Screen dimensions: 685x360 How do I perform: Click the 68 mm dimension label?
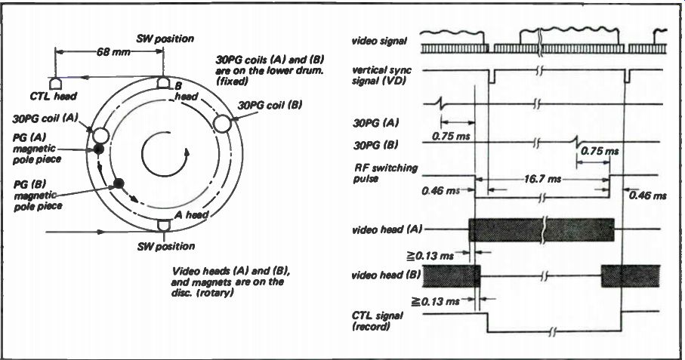point(113,52)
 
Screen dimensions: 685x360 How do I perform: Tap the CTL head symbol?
point(55,83)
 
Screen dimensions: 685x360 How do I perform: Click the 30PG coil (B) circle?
point(222,123)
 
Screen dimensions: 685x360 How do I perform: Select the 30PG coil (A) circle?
point(100,135)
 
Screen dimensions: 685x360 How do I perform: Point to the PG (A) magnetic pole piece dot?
point(99,149)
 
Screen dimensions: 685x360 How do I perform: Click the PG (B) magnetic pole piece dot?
point(119,183)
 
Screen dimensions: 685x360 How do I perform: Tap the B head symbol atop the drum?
point(163,82)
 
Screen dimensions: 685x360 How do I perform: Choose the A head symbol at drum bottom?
point(163,225)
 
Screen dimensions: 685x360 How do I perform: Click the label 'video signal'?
point(379,41)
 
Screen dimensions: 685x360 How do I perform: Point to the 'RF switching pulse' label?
point(385,174)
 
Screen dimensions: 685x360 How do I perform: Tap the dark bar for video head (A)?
point(542,230)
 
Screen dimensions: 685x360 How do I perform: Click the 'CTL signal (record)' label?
point(378,321)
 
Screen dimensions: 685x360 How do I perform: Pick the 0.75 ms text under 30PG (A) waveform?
point(451,137)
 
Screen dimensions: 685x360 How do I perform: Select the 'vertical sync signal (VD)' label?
point(381,75)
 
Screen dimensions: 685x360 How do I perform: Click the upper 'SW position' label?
point(165,38)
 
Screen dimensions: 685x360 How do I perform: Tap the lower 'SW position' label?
point(166,246)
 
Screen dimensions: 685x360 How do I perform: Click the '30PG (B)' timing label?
point(375,145)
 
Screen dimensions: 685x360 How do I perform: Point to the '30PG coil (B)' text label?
point(270,105)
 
